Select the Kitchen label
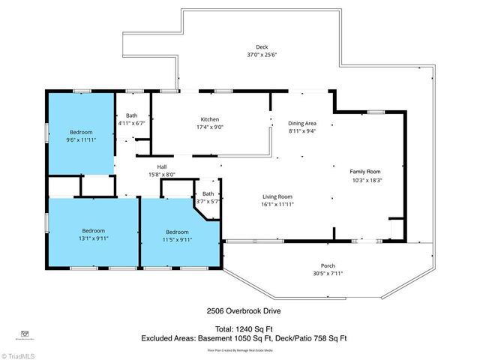pos(209,120)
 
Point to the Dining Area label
pos(302,123)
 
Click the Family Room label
pos(367,172)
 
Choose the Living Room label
pos(277,196)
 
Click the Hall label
pos(161,166)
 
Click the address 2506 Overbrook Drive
pos(238,310)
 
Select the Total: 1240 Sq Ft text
pos(239,328)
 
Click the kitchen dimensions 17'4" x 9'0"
pos(209,127)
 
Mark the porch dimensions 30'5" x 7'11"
pos(328,273)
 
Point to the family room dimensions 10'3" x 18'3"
pos(367,180)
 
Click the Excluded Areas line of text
pos(244,338)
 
